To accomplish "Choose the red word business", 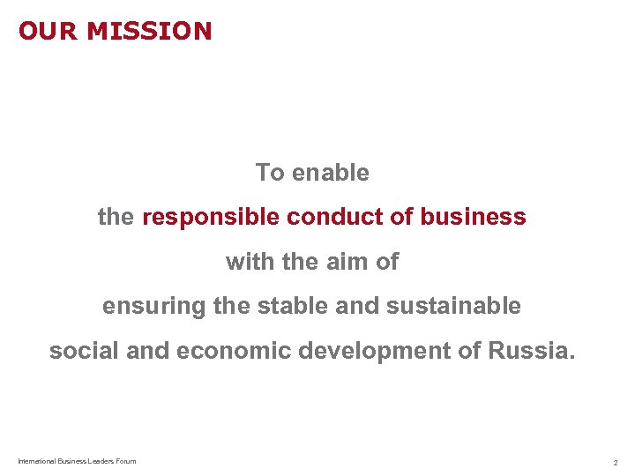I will click(473, 217).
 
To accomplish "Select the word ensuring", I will click(153, 307).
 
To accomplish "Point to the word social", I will click(85, 351).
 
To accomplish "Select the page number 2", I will click(616, 462).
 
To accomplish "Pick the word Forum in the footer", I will click(125, 461).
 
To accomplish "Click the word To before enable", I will click(270, 173).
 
